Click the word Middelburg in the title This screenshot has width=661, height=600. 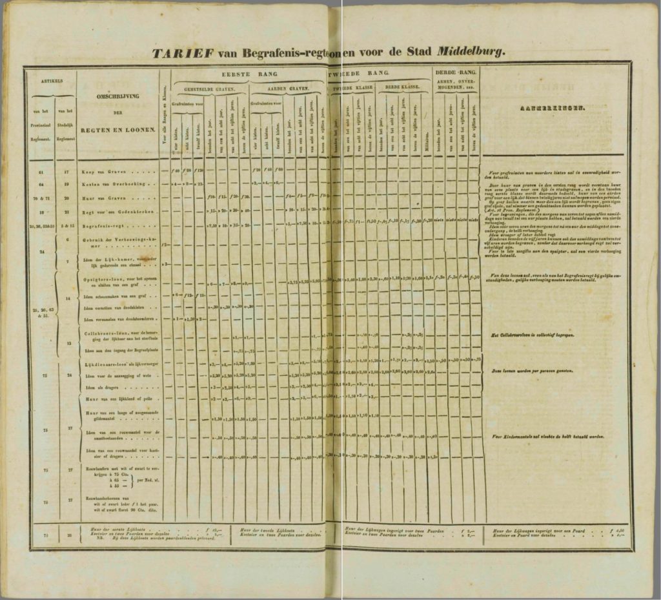tap(470, 52)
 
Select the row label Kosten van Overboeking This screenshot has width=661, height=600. tap(111, 183)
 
